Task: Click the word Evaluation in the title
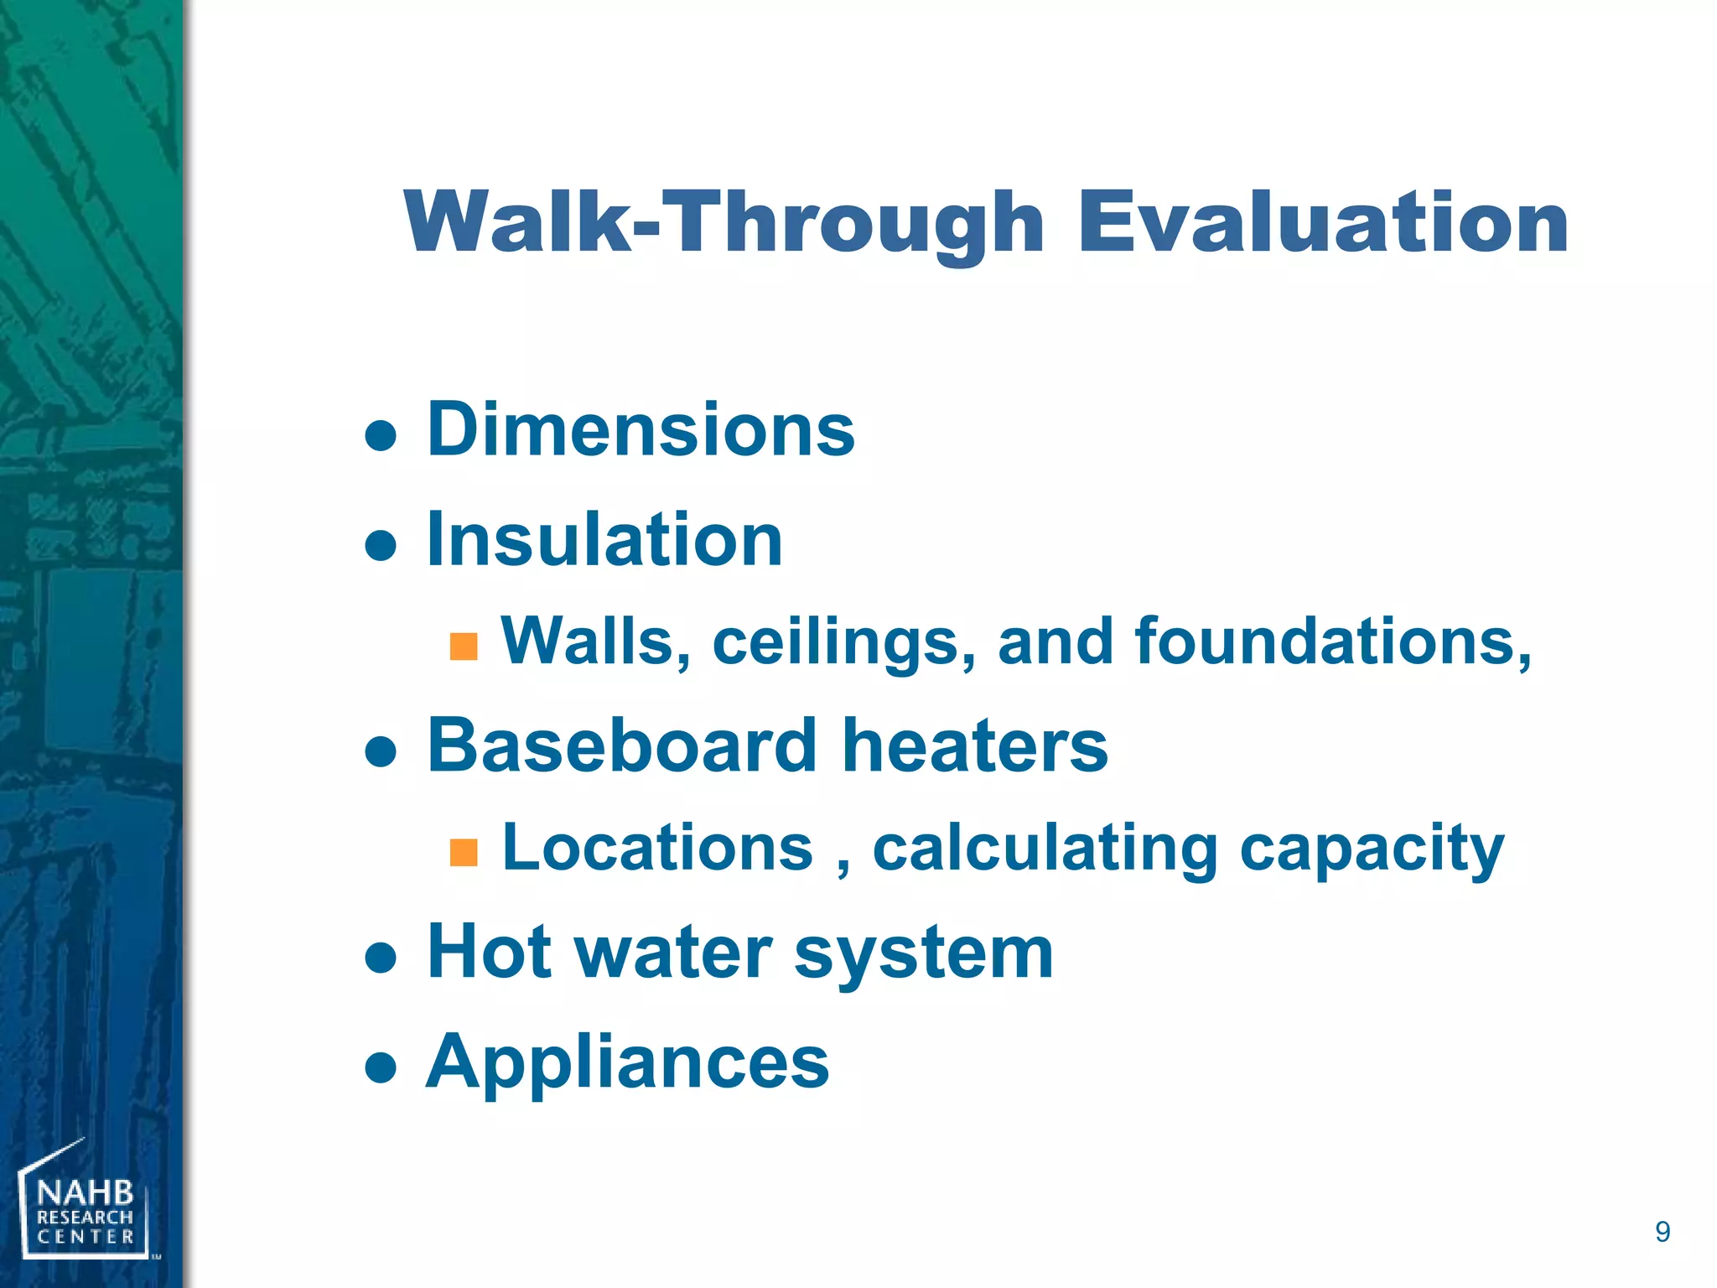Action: pos(1322,221)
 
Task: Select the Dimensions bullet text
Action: pos(641,429)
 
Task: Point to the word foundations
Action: pos(1332,641)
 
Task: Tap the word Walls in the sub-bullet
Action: pos(596,641)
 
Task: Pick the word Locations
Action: pos(657,848)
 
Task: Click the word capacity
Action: pos(1372,849)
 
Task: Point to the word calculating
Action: pos(1045,849)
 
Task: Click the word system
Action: pos(923,954)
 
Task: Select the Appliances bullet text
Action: pos(627,1062)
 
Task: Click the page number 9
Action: pos(1662,1232)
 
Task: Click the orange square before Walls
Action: pos(464,647)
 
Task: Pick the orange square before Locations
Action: pos(464,852)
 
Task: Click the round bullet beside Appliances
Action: pos(381,1067)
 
